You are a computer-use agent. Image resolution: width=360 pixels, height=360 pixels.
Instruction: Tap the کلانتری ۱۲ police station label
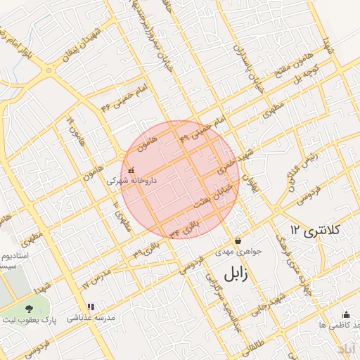pyautogui.click(x=315, y=230)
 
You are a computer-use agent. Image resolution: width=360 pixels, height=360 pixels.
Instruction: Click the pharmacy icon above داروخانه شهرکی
pyautogui.click(x=131, y=169)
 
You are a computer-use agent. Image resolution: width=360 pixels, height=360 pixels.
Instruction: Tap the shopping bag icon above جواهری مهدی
pyautogui.click(x=238, y=240)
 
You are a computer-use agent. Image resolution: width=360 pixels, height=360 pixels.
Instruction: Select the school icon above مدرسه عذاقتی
pyautogui.click(x=91, y=307)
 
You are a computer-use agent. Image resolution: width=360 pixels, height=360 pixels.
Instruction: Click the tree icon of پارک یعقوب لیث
pyautogui.click(x=29, y=309)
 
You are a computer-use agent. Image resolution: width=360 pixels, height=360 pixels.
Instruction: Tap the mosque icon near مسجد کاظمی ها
pyautogui.click(x=345, y=314)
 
